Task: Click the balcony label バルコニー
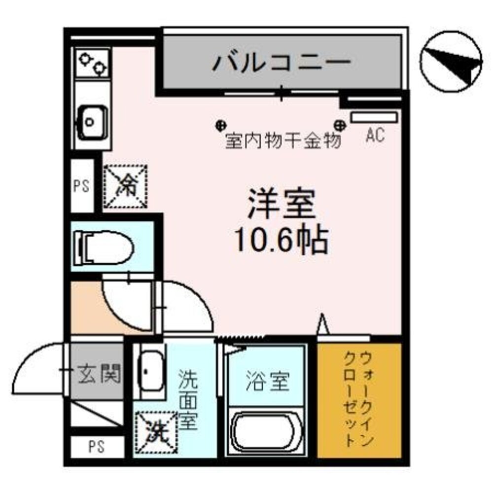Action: point(282,63)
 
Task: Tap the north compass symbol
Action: point(452,63)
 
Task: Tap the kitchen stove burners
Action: point(93,63)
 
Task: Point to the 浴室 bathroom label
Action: point(268,381)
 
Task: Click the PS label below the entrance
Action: point(97,448)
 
